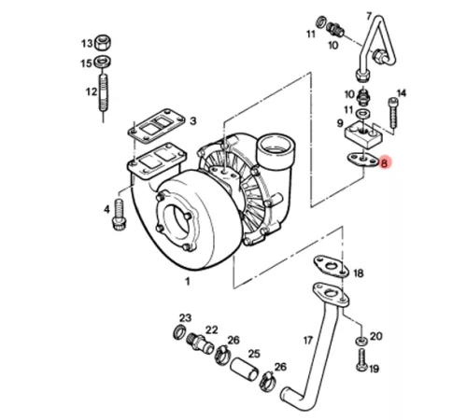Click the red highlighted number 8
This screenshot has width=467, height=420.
(385, 162)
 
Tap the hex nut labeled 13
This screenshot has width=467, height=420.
(103, 42)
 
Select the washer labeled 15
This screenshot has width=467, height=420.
(103, 61)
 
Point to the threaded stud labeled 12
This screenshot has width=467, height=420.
(104, 92)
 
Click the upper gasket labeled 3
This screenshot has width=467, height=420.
(156, 125)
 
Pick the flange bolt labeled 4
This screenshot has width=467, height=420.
(119, 215)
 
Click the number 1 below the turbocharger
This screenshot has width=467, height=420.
(188, 282)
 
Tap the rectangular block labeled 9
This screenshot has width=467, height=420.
(363, 136)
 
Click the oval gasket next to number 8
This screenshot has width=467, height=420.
(362, 160)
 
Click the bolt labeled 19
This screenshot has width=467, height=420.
(361, 359)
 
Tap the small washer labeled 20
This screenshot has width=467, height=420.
(361, 341)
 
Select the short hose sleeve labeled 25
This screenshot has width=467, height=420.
(244, 369)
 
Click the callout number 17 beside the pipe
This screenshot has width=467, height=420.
(307, 341)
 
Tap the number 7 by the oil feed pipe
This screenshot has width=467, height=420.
(369, 16)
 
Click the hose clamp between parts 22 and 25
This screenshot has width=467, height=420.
(222, 355)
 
